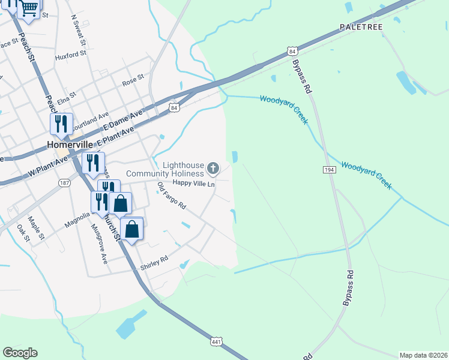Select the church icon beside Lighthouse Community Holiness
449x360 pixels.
tap(213, 167)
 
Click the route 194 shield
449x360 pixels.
tap(329, 170)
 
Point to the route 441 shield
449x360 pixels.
tap(217, 341)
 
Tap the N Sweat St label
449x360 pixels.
tap(78, 31)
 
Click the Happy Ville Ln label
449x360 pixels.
tap(193, 184)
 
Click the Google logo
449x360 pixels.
tap(20, 353)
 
